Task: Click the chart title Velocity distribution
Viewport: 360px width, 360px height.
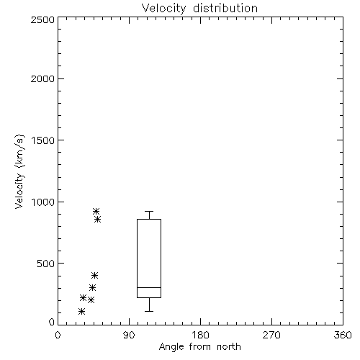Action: (x=199, y=8)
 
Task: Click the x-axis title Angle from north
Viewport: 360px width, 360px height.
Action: (x=199, y=347)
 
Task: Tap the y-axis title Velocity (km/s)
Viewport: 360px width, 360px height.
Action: (x=19, y=171)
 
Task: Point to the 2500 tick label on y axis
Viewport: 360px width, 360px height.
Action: (x=42, y=19)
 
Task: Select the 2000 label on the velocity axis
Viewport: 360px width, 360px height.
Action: (x=42, y=78)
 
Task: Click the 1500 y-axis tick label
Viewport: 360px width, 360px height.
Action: (x=43, y=140)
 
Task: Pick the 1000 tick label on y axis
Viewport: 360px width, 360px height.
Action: (x=43, y=202)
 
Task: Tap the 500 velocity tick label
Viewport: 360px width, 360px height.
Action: (x=46, y=264)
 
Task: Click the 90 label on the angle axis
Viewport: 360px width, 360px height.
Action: (x=129, y=335)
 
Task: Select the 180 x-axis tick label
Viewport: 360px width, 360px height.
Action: (x=200, y=335)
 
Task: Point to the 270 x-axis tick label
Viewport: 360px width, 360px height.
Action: (x=271, y=335)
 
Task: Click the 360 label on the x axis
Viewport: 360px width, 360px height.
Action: (x=343, y=335)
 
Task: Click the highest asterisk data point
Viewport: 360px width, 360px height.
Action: (x=96, y=211)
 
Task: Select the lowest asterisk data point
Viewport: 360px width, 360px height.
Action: (x=81, y=312)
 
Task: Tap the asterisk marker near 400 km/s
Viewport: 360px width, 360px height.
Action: (x=95, y=275)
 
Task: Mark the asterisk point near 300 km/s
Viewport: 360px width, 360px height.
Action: (x=93, y=287)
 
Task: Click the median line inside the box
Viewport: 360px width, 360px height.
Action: (x=149, y=287)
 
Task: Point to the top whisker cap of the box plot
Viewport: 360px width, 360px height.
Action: (x=149, y=211)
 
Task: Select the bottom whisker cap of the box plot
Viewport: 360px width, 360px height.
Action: (x=149, y=311)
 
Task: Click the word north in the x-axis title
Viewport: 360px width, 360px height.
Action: (x=229, y=347)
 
